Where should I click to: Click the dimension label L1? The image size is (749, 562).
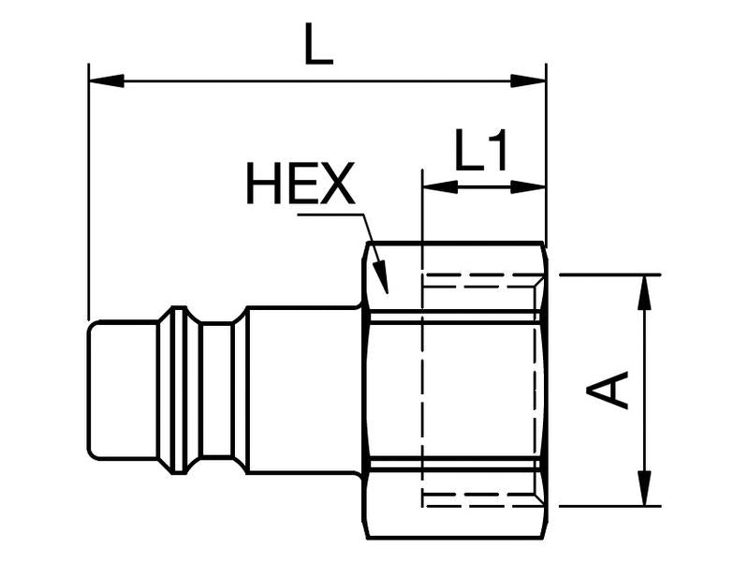tap(481, 151)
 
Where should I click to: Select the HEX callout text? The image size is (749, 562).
tap(301, 184)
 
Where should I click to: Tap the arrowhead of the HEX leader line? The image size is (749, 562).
tap(380, 277)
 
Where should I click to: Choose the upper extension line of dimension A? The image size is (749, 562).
tap(609, 275)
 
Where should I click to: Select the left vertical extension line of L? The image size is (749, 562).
tap(88, 187)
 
